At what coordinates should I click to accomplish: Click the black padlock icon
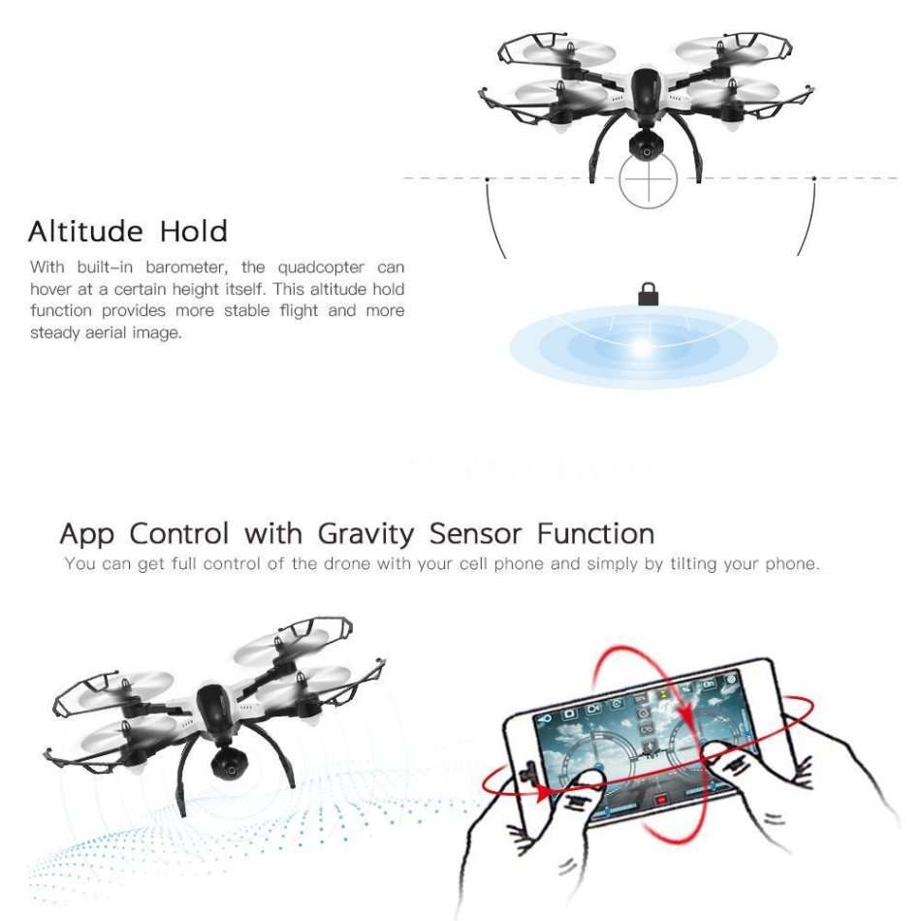point(648,294)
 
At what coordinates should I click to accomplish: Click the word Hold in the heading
point(193,232)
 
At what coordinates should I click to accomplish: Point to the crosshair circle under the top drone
point(645,179)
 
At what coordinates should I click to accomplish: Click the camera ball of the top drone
point(642,146)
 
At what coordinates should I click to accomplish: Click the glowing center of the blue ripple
point(643,346)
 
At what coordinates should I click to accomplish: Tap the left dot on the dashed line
point(487,178)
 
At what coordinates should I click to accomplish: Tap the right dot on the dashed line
point(814,178)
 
